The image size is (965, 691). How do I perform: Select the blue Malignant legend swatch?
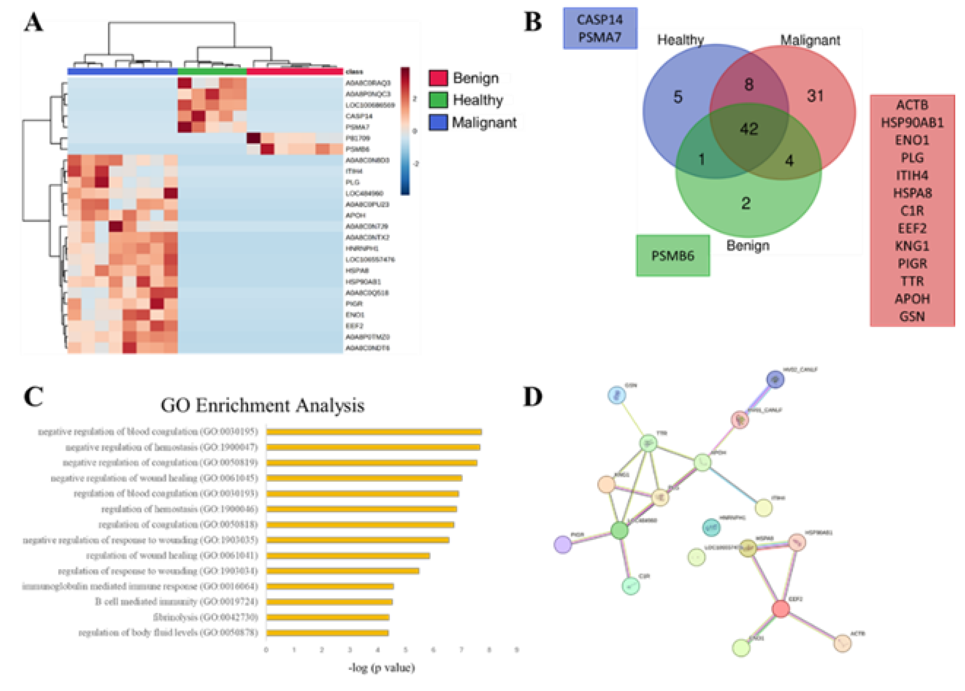pyautogui.click(x=438, y=122)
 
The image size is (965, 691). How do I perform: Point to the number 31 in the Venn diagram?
pyautogui.click(x=815, y=96)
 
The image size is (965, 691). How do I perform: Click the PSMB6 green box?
pyautogui.click(x=673, y=256)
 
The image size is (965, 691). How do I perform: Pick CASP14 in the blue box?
pyautogui.click(x=600, y=19)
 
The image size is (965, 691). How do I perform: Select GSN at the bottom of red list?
pyautogui.click(x=912, y=316)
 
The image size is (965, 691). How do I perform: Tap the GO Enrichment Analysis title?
pyautogui.click(x=262, y=405)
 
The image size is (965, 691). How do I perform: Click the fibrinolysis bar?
pyautogui.click(x=328, y=617)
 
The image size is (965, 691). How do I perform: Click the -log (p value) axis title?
pyautogui.click(x=381, y=668)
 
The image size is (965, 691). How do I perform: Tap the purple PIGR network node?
pyautogui.click(x=563, y=544)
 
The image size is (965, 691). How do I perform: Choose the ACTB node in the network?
pyautogui.click(x=842, y=643)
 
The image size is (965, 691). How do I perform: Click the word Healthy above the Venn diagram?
pyautogui.click(x=680, y=40)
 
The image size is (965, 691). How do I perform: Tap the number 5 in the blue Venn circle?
pyautogui.click(x=678, y=97)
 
